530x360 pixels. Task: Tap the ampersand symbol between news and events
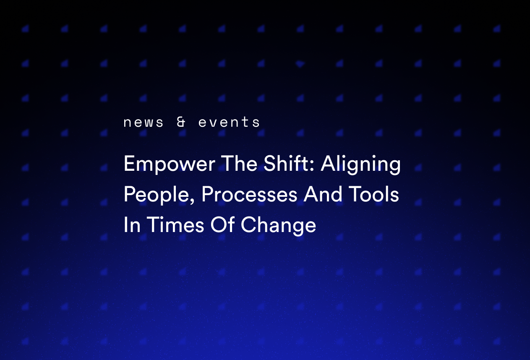[181, 123]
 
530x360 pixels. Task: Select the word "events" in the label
[229, 123]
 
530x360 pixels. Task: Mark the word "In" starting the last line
[131, 225]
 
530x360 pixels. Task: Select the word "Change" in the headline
[278, 226]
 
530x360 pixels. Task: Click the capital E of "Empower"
[128, 164]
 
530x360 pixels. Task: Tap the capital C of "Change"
[248, 225]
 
